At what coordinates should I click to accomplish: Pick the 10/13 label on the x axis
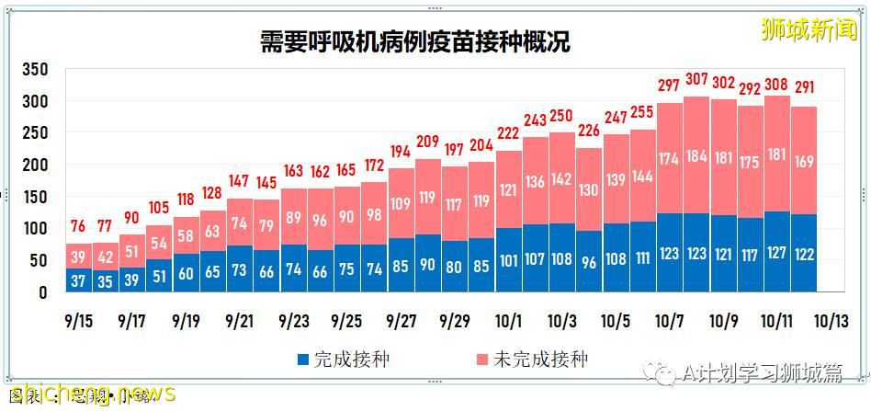[x=831, y=322]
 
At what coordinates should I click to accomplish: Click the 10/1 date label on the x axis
[x=509, y=322]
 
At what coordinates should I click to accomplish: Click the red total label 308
[x=776, y=86]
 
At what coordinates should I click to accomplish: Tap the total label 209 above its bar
[x=428, y=143]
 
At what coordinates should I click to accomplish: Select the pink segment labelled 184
[x=696, y=156]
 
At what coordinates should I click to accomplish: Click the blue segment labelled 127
[x=776, y=252]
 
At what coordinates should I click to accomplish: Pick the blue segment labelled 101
[x=509, y=260]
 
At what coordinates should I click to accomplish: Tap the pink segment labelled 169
[x=804, y=161]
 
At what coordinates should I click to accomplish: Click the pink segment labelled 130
[x=589, y=188]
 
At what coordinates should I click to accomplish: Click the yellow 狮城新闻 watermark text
[x=808, y=29]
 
